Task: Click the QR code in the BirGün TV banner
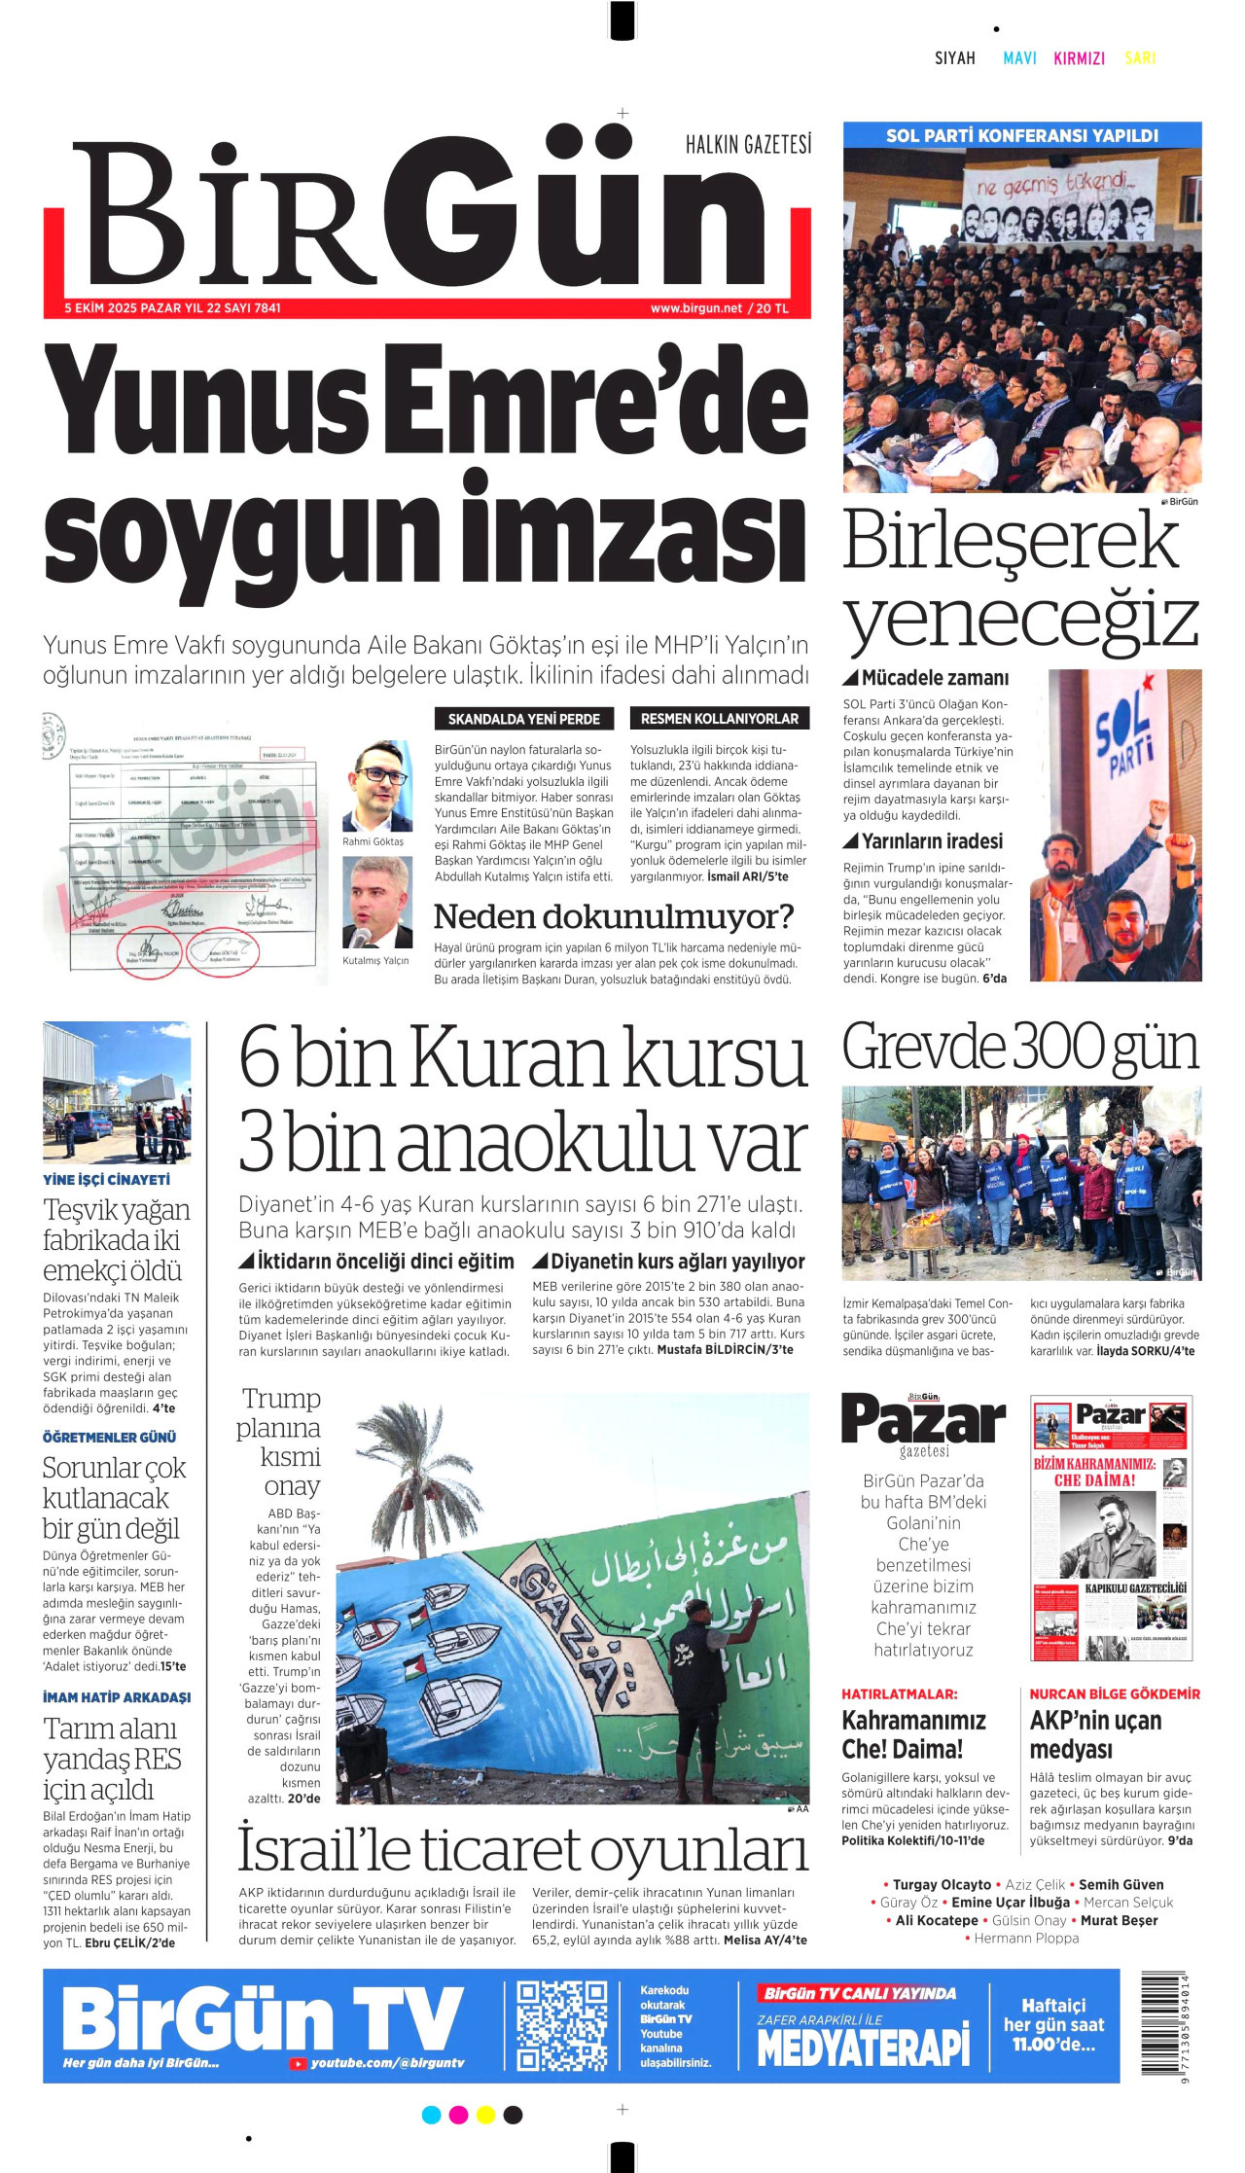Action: pos(561,2025)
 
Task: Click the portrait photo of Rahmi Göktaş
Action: pos(377,787)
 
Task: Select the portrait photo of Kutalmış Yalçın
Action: pos(377,902)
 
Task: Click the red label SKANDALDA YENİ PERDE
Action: pos(524,719)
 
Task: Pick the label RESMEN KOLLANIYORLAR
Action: pos(720,719)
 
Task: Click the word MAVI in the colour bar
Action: pos(1019,58)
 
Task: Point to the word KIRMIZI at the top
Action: pos(1079,58)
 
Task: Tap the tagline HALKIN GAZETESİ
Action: pos(748,145)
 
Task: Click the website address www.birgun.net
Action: pos(696,308)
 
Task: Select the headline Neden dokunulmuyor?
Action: pos(614,916)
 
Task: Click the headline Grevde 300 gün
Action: pos(1020,1048)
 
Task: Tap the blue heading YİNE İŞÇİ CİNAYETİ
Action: pos(106,1179)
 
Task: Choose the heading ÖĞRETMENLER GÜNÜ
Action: pos(110,1437)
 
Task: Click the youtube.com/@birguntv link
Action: pos(386,2063)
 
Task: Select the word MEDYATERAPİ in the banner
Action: pos(864,2046)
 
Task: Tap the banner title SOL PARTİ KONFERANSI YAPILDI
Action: pos(1022,135)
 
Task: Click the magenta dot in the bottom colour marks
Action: pos(458,2115)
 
